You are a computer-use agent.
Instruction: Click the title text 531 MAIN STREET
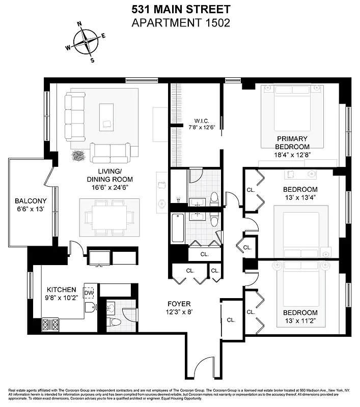pos(181,9)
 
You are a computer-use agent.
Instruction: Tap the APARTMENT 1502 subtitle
pos(181,22)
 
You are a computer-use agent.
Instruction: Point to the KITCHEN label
pos(62,289)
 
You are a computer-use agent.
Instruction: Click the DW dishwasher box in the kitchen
pos(89,293)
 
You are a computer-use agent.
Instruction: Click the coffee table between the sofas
pos(106,117)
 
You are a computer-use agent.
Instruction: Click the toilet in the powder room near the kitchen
pos(115,321)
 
